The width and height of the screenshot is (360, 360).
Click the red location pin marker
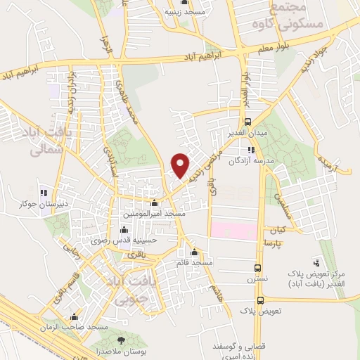click(x=181, y=165)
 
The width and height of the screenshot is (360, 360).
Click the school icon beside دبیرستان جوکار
click(x=44, y=192)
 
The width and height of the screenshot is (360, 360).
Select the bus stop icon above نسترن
click(x=258, y=268)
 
